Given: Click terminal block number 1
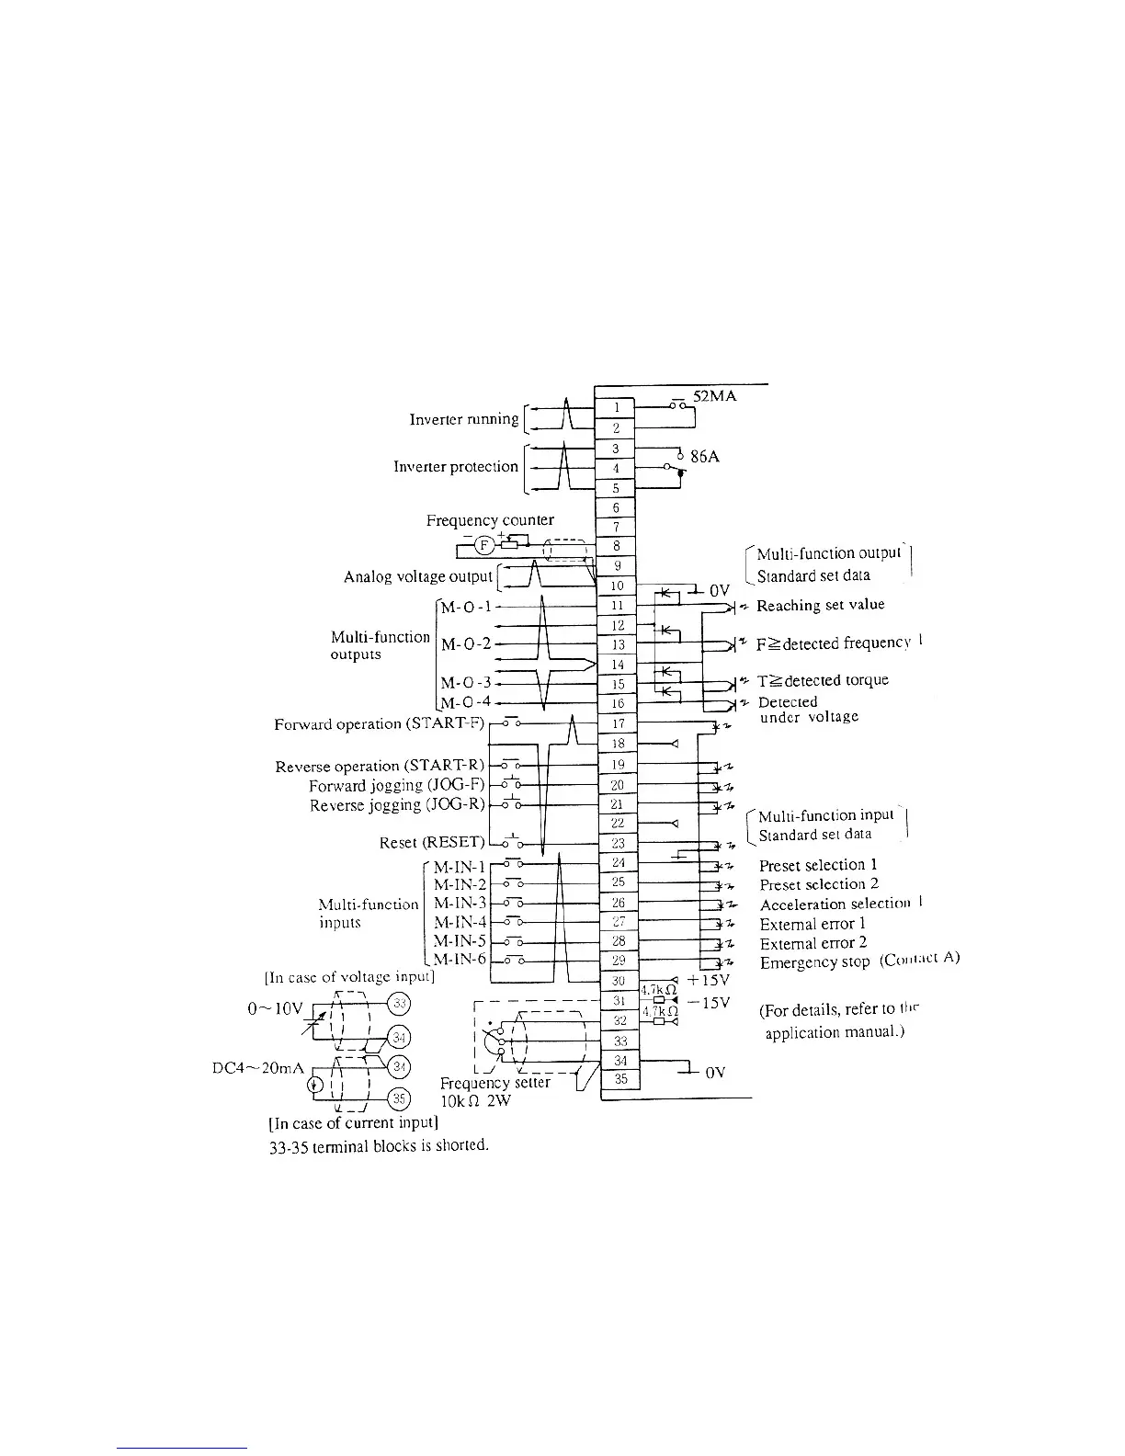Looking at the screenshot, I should click(618, 407).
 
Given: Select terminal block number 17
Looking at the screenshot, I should click(618, 723).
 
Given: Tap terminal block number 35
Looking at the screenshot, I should click(620, 1079).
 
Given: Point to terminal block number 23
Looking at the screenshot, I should click(618, 843).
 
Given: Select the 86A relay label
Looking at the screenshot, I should click(704, 456).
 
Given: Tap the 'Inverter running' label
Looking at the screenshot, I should click(464, 419).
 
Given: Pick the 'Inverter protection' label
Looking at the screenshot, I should click(456, 467).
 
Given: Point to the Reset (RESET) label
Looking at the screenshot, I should click(432, 843).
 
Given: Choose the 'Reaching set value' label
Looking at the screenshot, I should click(820, 606).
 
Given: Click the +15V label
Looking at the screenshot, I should click(708, 981).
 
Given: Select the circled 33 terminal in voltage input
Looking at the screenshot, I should click(400, 1002).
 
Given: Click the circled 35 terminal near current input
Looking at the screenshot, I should click(400, 1098).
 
